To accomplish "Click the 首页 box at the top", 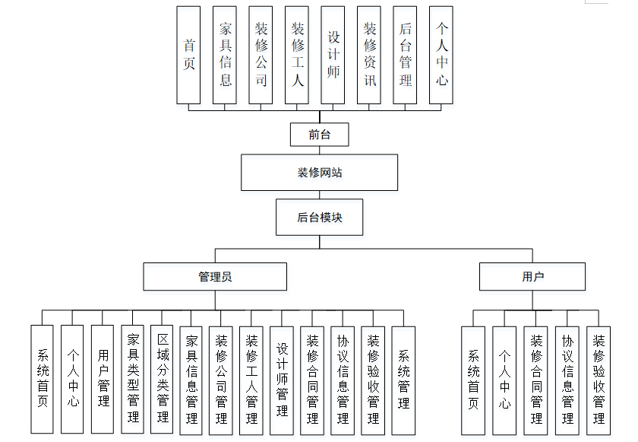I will coord(188,56).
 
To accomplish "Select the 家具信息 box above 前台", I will coord(225,56).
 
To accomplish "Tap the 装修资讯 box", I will coord(369,56).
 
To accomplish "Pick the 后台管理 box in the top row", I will coord(405,56).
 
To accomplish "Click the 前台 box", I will coord(320,135).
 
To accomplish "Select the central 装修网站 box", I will coord(320,173).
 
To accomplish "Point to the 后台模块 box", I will coord(320,218).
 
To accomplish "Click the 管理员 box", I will coord(215,276).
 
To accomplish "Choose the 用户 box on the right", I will coord(532,276).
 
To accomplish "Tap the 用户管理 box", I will coord(103,379).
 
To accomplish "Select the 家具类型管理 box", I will coord(133,379).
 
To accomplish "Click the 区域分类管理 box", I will coord(163,379).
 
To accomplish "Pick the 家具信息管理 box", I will coord(191,380).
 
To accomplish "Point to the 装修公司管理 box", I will coord(221,380).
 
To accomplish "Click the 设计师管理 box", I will coord(282,380).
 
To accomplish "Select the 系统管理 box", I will coord(403,380).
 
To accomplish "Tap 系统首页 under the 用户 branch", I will coord(473,380).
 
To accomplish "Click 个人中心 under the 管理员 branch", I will coord(72,379).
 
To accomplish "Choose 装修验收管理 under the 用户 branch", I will coord(599,380).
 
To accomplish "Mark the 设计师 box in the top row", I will coord(333,56).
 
